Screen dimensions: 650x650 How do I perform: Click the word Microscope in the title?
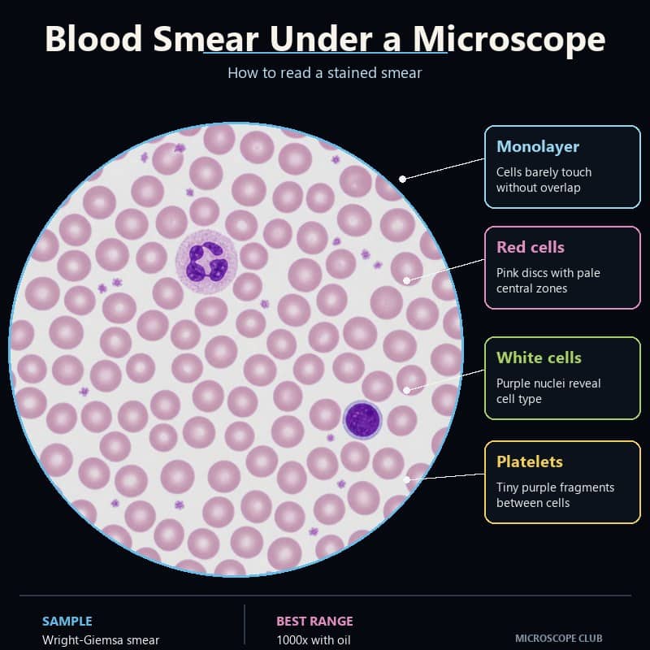[x=509, y=39]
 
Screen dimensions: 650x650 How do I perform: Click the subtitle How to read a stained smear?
[x=324, y=73]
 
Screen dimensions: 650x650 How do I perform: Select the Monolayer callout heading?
[x=538, y=146]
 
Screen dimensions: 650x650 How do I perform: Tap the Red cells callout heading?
[x=531, y=247]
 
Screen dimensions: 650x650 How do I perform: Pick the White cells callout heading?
[x=539, y=357]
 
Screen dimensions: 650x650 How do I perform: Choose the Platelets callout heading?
[x=530, y=461]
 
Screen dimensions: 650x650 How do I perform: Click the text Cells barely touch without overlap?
[x=544, y=180]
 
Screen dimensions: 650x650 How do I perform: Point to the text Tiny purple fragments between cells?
[x=556, y=495]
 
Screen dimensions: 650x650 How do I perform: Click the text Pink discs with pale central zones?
[x=548, y=280]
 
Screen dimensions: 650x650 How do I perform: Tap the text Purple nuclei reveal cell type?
[x=548, y=391]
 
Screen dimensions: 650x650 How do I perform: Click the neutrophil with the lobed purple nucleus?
[x=206, y=262]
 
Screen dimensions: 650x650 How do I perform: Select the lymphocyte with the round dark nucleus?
[x=362, y=420]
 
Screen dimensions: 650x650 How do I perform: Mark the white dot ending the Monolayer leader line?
[x=402, y=179]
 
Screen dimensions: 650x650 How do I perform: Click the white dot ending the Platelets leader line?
[x=407, y=479]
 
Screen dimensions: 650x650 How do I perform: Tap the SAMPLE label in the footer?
[x=67, y=621]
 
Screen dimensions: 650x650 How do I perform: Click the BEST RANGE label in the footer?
[x=314, y=621]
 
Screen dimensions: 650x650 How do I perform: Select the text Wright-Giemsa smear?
[x=101, y=640]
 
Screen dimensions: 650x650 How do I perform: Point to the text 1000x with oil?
[x=314, y=640]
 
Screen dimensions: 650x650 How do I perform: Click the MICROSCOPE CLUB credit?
[x=558, y=638]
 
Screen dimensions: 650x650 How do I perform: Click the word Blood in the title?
[x=93, y=38]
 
